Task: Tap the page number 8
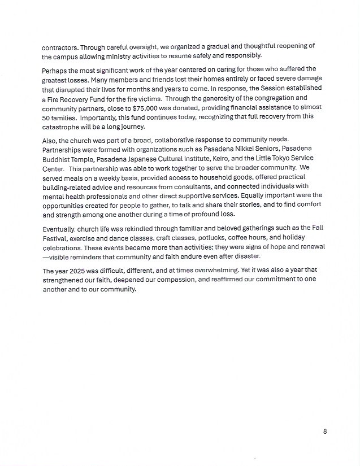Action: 325,432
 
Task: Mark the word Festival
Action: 55,238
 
